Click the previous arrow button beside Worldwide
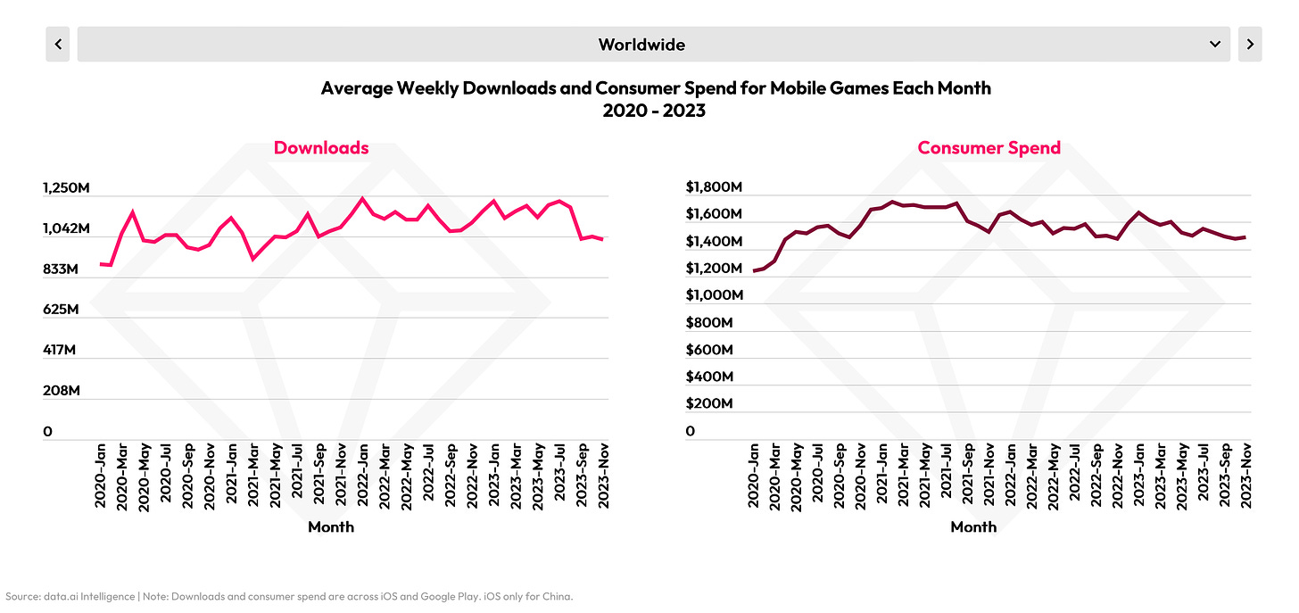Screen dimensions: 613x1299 pyautogui.click(x=58, y=44)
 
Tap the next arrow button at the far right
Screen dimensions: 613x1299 pyautogui.click(x=1250, y=44)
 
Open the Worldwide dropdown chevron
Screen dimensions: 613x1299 pyautogui.click(x=1214, y=44)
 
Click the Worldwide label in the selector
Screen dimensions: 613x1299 pyautogui.click(x=641, y=44)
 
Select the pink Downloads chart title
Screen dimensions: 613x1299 pyautogui.click(x=321, y=148)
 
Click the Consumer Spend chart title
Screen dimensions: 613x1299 pyautogui.click(x=989, y=148)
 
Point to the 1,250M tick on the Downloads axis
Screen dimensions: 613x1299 pyautogui.click(x=66, y=188)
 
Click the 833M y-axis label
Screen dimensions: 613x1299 pyautogui.click(x=61, y=269)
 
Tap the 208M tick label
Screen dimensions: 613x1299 pyautogui.click(x=61, y=391)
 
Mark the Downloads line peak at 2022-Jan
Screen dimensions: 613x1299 pyautogui.click(x=362, y=198)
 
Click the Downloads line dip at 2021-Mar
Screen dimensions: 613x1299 pyautogui.click(x=253, y=259)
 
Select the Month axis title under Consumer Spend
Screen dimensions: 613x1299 pyautogui.click(x=973, y=527)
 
